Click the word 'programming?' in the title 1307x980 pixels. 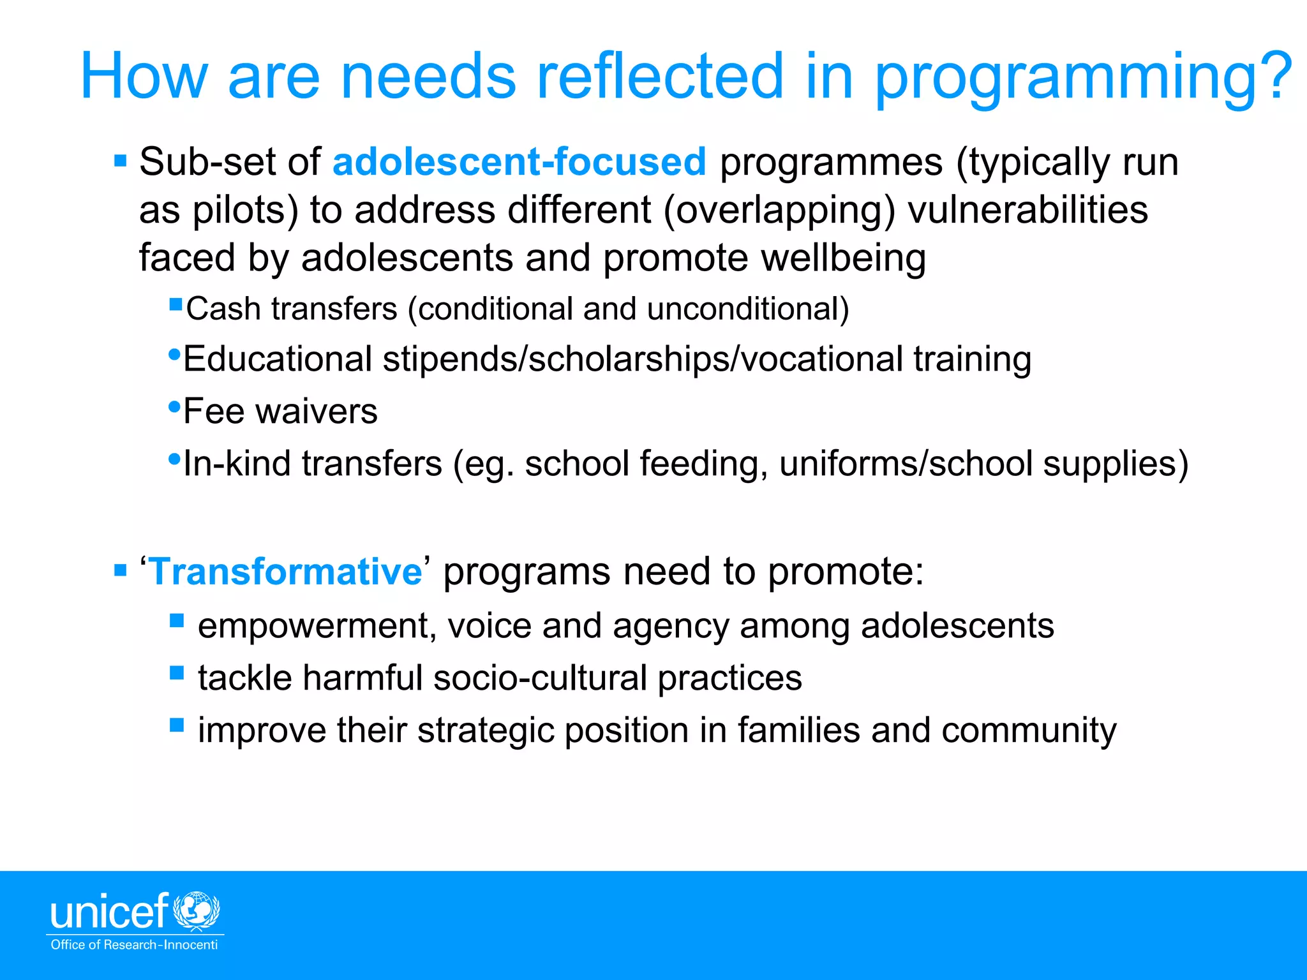pyautogui.click(x=1082, y=78)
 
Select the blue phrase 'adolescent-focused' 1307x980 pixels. pyautogui.click(x=519, y=161)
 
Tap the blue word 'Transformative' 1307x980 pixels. pyautogui.click(x=286, y=571)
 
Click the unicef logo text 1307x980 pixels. pyautogui.click(x=109, y=912)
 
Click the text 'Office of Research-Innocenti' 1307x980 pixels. pyautogui.click(x=134, y=945)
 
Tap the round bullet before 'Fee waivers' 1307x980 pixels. pyautogui.click(x=174, y=406)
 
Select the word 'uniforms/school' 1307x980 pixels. pyautogui.click(x=906, y=464)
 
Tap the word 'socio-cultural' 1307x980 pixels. pyautogui.click(x=541, y=678)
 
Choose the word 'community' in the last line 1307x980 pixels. pyautogui.click(x=1029, y=730)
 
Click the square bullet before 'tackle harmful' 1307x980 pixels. pyautogui.click(x=177, y=673)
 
